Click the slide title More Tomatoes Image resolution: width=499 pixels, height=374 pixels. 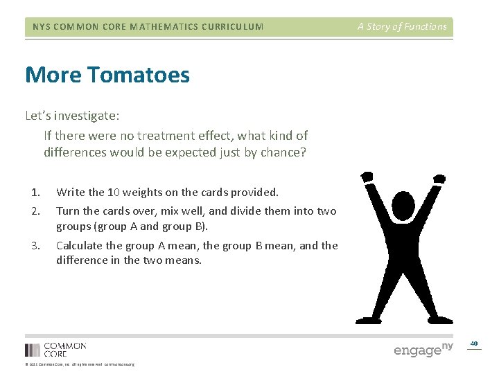pyautogui.click(x=107, y=75)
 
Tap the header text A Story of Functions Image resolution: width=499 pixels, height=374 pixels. pyautogui.click(x=402, y=27)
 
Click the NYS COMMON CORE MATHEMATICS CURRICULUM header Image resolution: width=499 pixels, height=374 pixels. pyautogui.click(x=148, y=27)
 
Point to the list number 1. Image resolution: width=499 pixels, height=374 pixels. pyautogui.click(x=35, y=193)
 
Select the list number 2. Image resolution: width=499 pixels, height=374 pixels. pyautogui.click(x=35, y=211)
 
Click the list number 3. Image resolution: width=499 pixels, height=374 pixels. pyautogui.click(x=35, y=245)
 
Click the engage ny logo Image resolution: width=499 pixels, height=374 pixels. pyautogui.click(x=423, y=350)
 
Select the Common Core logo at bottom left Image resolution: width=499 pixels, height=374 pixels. pyautogui.click(x=55, y=349)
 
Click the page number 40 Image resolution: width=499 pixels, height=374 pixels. pyautogui.click(x=474, y=344)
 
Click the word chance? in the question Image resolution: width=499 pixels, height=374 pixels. pyautogui.click(x=281, y=152)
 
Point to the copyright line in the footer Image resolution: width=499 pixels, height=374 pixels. pyautogui.click(x=80, y=364)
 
